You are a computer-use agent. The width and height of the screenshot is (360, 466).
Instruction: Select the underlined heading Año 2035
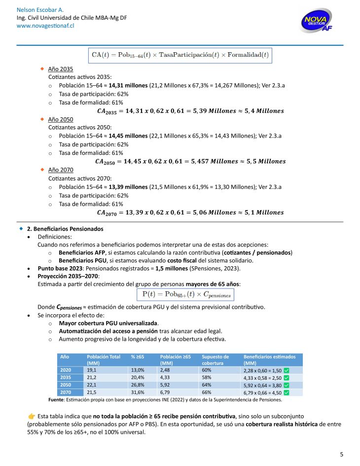(60, 69)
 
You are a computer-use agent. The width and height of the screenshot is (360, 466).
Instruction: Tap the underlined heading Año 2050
(60, 119)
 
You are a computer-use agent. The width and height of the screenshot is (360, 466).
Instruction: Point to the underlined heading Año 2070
(60, 170)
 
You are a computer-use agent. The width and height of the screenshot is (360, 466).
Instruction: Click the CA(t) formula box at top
(180, 54)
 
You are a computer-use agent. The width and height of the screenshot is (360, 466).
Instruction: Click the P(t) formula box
(184, 294)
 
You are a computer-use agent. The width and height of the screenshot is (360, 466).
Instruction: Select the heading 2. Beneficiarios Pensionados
(65, 229)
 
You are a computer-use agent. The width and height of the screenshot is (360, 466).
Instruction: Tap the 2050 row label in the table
(66, 385)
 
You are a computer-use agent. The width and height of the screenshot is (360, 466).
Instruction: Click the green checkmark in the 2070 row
(286, 393)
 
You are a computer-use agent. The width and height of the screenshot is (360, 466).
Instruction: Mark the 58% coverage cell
(207, 377)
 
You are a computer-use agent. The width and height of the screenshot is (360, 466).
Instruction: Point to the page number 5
(342, 454)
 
